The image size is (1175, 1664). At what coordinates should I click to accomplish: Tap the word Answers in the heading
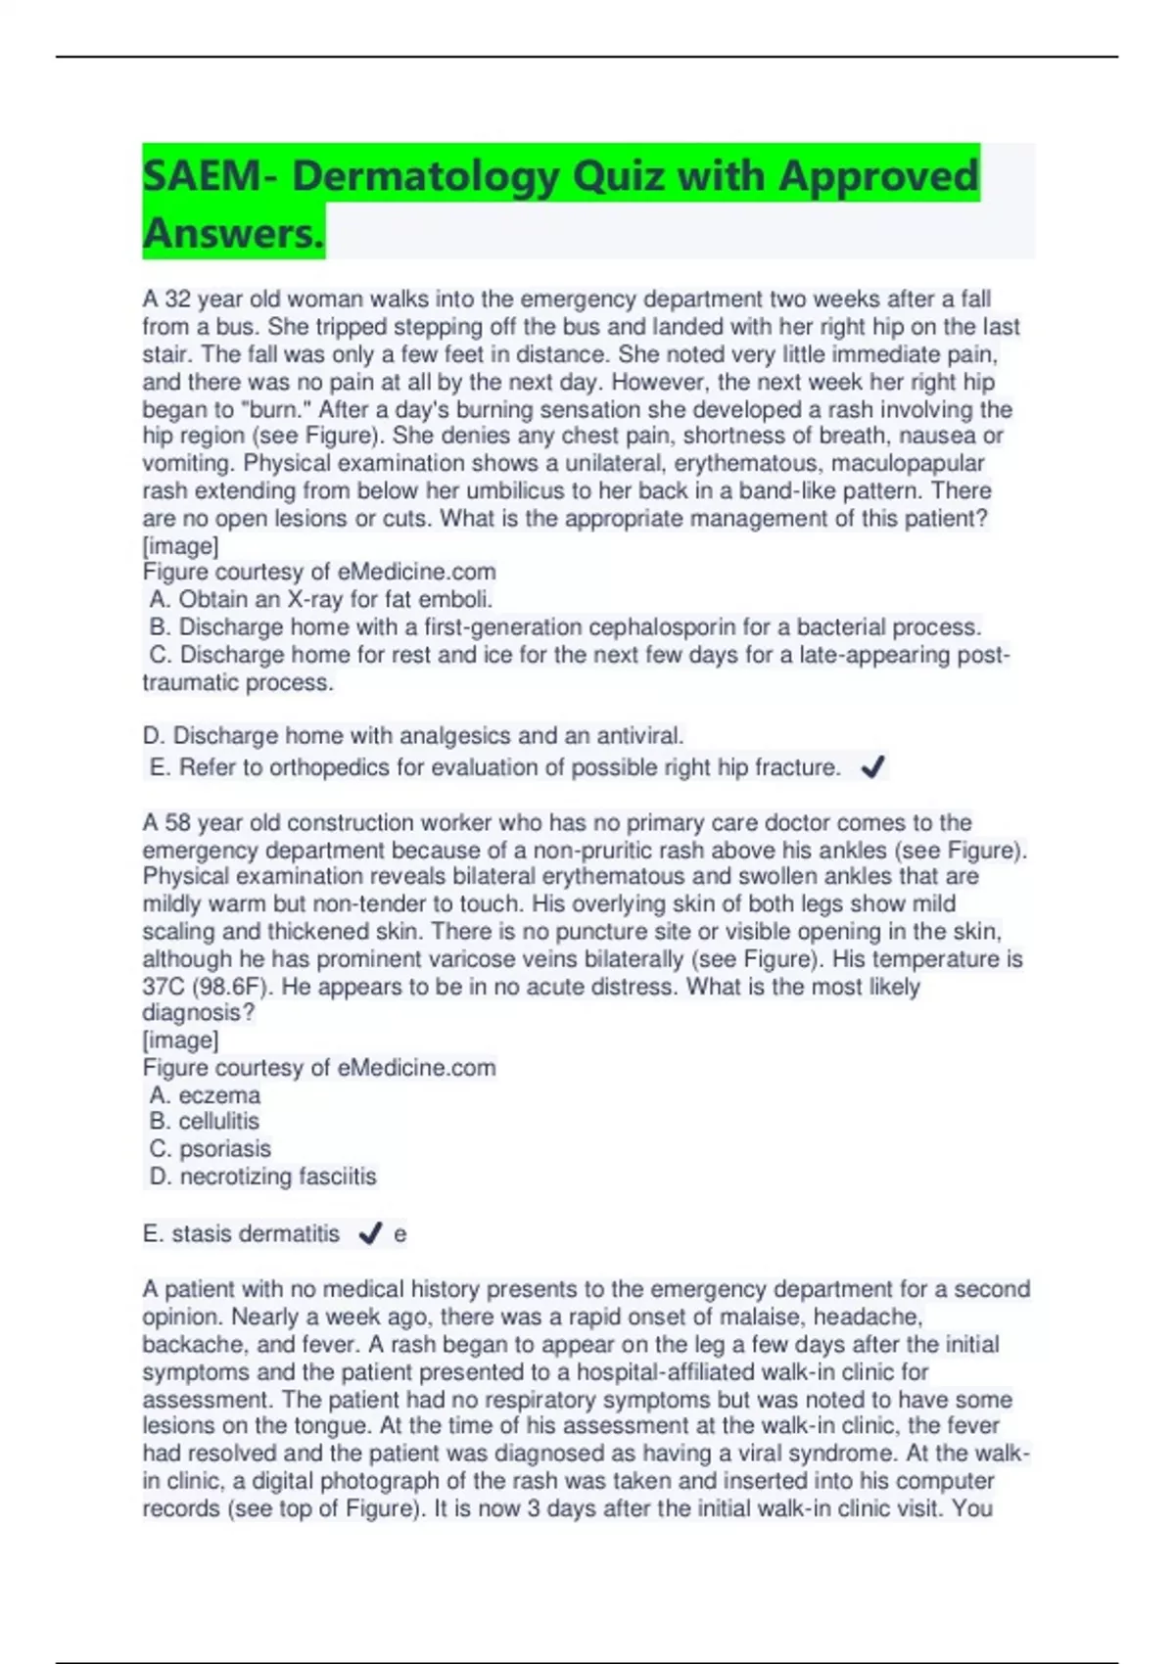[232, 233]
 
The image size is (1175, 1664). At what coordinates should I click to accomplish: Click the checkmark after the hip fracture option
[872, 767]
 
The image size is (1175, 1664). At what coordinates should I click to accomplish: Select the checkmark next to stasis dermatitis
[370, 1233]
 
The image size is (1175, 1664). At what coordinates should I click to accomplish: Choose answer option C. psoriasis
[211, 1148]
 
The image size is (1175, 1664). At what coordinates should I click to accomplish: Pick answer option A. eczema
[205, 1094]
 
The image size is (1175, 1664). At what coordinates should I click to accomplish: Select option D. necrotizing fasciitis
[262, 1176]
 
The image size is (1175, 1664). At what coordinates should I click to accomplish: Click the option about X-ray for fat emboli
[321, 599]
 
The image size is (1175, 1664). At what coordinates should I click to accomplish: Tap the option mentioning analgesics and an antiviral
[413, 735]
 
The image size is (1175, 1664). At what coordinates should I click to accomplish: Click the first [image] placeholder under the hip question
[180, 545]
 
